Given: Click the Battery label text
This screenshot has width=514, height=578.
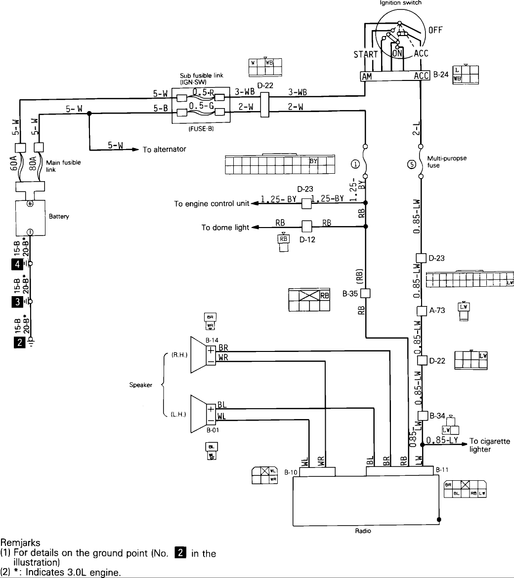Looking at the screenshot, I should click(x=59, y=216).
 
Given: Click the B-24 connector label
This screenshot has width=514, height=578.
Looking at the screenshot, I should click(x=440, y=76).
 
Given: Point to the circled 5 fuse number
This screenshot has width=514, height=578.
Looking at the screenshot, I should click(x=410, y=165).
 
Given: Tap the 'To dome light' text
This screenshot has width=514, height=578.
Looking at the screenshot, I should click(x=225, y=228).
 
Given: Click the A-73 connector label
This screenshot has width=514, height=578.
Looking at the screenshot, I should click(x=435, y=310).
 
